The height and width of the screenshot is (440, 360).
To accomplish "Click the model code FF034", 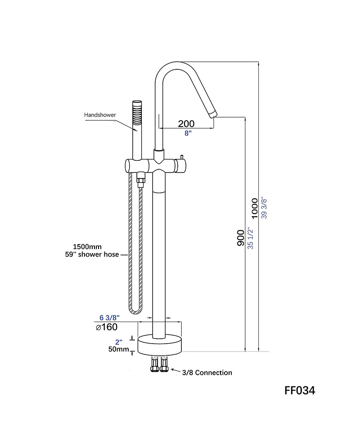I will (300, 390).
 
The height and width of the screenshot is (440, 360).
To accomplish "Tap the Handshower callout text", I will (100, 115).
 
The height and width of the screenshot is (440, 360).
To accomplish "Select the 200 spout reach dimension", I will (186, 123).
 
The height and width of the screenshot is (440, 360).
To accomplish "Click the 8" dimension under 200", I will (187, 133).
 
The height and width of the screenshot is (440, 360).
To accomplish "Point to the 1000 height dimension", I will (255, 208).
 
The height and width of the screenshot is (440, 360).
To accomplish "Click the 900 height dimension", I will (241, 238).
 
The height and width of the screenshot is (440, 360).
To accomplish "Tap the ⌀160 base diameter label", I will (107, 327).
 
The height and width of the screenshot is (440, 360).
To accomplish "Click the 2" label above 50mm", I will (119, 341).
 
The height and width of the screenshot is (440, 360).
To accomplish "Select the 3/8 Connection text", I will (207, 372).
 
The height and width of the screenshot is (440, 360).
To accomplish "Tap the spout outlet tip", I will (213, 114).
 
